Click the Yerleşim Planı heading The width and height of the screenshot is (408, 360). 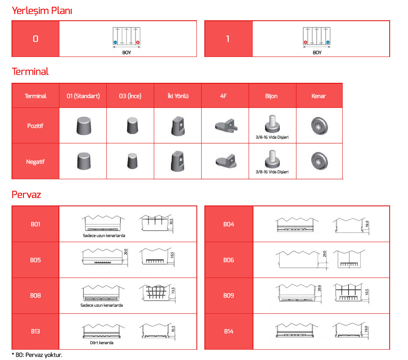click(x=42, y=11)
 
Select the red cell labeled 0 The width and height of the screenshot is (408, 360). click(x=35, y=39)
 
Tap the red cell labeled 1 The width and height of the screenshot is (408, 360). click(x=228, y=39)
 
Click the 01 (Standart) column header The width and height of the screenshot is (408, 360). click(x=83, y=96)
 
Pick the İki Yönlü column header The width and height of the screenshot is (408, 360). click(x=178, y=96)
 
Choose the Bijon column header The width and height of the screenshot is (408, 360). click(x=271, y=96)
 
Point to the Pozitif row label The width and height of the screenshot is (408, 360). click(x=35, y=126)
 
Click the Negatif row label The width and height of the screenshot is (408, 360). click(x=35, y=162)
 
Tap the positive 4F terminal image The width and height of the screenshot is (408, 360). click(x=225, y=125)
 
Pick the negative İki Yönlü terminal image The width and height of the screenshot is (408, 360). click(x=177, y=160)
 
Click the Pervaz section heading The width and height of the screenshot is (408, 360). click(x=26, y=195)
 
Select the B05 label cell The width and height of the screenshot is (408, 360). click(x=35, y=260)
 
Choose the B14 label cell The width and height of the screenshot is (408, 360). click(x=229, y=331)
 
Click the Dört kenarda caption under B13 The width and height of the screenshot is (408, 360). click(x=102, y=342)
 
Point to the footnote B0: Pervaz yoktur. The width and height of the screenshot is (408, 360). click(x=37, y=354)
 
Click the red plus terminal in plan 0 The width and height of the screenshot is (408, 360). click(x=138, y=42)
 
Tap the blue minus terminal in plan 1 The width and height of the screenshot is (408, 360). click(x=328, y=42)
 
